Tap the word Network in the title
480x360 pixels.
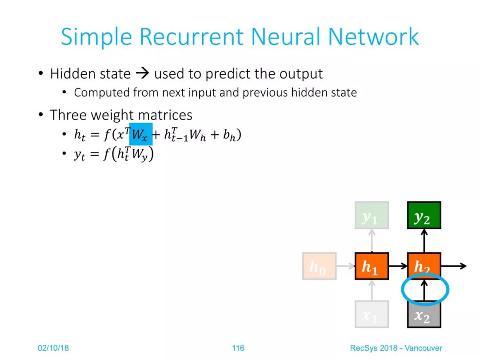[x=373, y=37]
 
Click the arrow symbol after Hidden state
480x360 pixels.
[x=142, y=73]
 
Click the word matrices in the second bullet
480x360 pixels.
[x=165, y=115]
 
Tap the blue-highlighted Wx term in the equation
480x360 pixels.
[x=141, y=134]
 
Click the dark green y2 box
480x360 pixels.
[x=424, y=215]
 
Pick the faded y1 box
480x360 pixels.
[x=372, y=215]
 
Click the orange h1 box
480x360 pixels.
[x=372, y=266]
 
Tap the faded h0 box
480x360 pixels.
[x=319, y=266]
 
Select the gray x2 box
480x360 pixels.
[x=424, y=314]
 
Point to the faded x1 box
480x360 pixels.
[x=372, y=314]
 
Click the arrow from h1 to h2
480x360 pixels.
[x=398, y=266]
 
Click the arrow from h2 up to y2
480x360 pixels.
[x=424, y=240]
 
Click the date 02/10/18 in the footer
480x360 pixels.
[x=53, y=348]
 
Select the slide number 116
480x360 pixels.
[x=238, y=348]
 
